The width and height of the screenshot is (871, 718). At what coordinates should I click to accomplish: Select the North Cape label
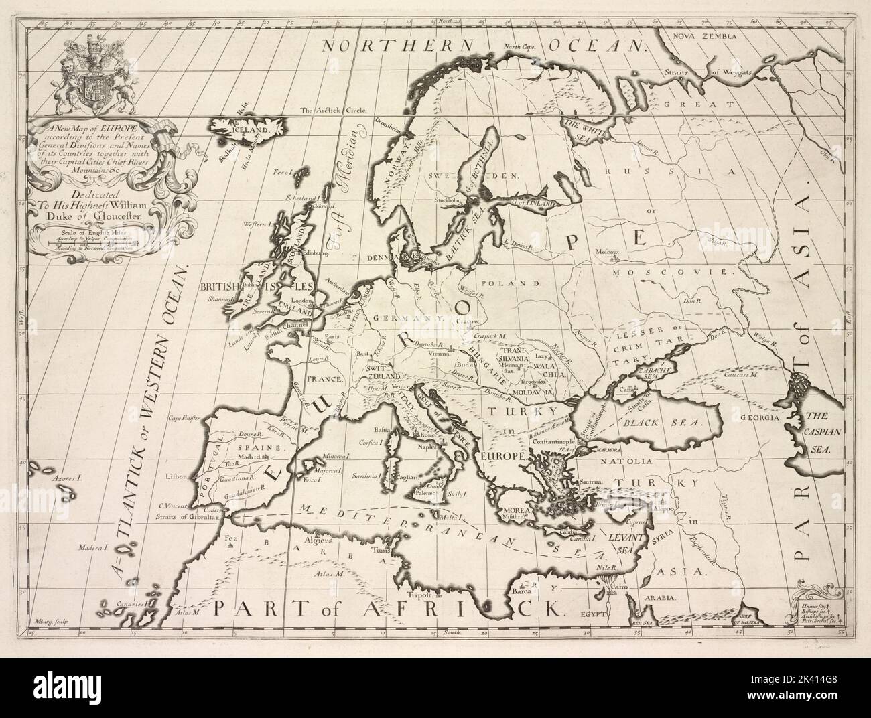pos(521,46)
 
